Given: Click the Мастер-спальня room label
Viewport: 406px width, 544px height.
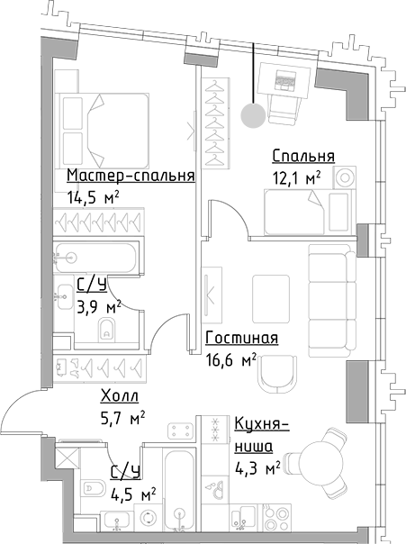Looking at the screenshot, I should (131, 176).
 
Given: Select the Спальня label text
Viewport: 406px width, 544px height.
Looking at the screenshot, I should (303, 157).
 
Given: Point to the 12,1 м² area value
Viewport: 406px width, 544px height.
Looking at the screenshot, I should (297, 178).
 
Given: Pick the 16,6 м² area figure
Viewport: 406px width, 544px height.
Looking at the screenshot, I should (231, 359).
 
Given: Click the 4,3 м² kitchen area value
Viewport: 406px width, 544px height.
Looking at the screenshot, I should (257, 467).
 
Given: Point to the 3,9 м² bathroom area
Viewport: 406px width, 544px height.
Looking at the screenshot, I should (98, 308).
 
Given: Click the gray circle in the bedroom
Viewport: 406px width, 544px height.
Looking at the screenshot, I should (254, 114).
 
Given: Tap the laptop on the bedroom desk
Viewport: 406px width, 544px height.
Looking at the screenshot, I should (286, 81).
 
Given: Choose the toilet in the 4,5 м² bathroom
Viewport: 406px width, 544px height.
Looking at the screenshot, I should (92, 489).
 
